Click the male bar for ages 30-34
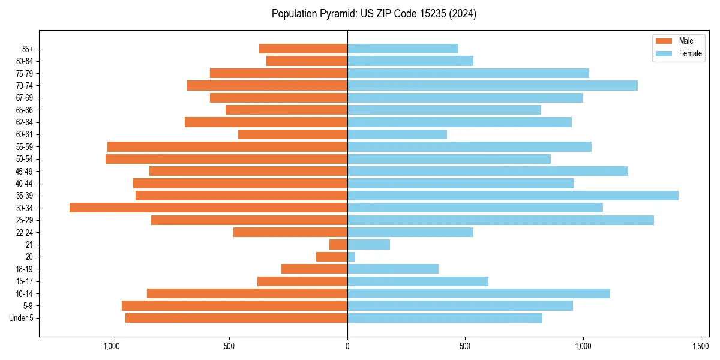click(x=208, y=208)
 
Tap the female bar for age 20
click(x=352, y=257)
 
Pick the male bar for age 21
click(x=338, y=244)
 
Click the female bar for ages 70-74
click(x=493, y=85)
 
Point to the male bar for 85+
click(x=303, y=49)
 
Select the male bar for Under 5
click(x=236, y=318)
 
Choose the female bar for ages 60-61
click(x=397, y=134)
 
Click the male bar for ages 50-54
click(x=226, y=159)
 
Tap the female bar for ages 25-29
click(x=500, y=220)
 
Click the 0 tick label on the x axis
click(x=347, y=346)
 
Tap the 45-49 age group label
click(x=25, y=171)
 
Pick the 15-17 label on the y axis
click(x=25, y=281)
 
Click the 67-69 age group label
click(x=25, y=98)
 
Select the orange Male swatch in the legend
click(x=664, y=41)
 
